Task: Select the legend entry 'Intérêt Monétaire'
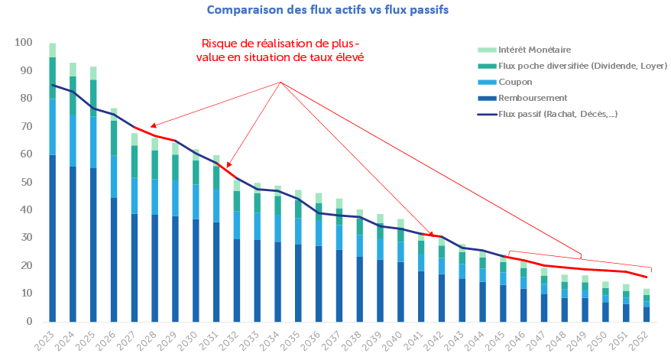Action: (534, 50)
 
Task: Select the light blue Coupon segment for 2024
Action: (73, 141)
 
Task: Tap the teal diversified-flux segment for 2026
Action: (114, 138)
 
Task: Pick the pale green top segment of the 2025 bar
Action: (93, 73)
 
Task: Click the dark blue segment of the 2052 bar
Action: (647, 314)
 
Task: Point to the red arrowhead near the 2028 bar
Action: (154, 125)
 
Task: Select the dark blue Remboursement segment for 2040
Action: (401, 291)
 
